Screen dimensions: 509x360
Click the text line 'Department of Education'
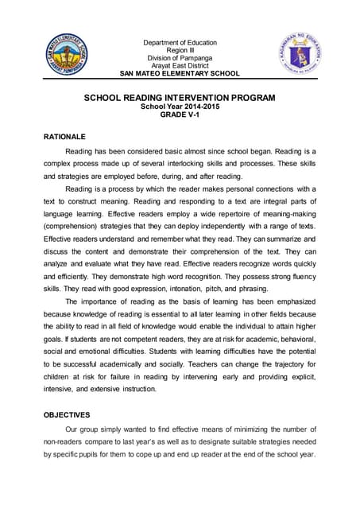point(180,42)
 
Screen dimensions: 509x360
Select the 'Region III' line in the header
point(180,50)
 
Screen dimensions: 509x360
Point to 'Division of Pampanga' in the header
point(180,58)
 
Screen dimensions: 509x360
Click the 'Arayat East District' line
point(180,66)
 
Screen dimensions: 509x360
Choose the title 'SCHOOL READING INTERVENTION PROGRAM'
point(180,98)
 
